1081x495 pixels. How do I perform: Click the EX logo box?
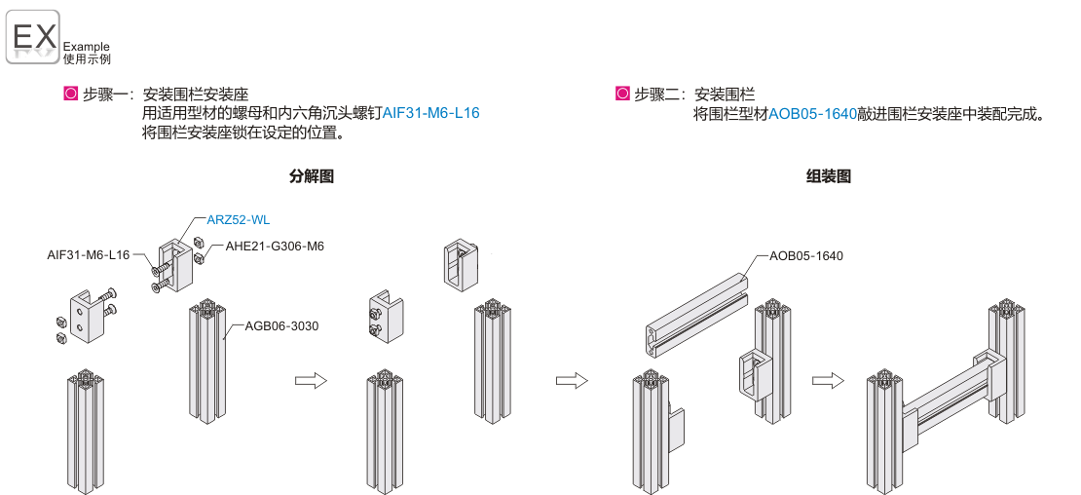[x=34, y=37]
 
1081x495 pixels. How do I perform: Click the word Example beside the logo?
[x=87, y=46]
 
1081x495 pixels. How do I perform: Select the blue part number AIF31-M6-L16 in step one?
[x=431, y=113]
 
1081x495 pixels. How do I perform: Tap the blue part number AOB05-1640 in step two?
[x=812, y=113]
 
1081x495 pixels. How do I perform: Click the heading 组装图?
[x=829, y=176]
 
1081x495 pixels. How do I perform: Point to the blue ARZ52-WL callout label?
[x=239, y=220]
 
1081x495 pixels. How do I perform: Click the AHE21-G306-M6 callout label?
[x=275, y=247]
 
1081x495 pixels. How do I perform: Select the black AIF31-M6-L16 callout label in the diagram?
[x=89, y=255]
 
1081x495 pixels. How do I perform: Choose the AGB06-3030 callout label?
[x=281, y=325]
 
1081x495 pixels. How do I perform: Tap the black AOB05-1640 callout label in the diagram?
[x=805, y=256]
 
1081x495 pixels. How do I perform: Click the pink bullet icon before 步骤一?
[x=69, y=95]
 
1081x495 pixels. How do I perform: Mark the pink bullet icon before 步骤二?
[x=621, y=95]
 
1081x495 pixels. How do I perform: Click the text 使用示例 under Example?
[x=87, y=59]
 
